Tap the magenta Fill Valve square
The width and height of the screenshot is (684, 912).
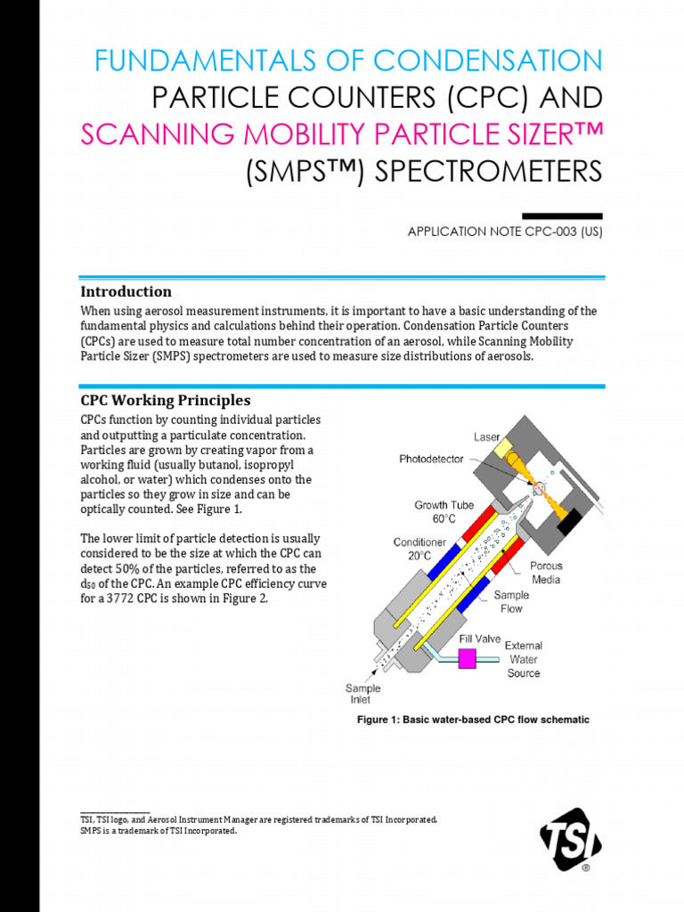click(x=466, y=659)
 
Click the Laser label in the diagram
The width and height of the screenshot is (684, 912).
click(x=486, y=437)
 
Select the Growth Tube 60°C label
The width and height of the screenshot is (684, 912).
click(x=444, y=512)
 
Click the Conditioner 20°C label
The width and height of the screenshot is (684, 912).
click(x=419, y=550)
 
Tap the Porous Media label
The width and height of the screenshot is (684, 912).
click(x=546, y=573)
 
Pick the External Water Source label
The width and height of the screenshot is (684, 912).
click(x=524, y=659)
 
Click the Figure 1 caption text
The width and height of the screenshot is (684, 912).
click(x=473, y=720)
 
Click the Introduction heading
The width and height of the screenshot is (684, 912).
click(x=126, y=291)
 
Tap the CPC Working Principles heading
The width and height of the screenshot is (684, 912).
click(x=165, y=400)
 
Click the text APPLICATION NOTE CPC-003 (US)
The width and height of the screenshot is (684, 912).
click(x=505, y=232)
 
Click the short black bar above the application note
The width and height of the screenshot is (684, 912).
click(x=562, y=215)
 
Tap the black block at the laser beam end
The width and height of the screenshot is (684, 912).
click(x=569, y=521)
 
